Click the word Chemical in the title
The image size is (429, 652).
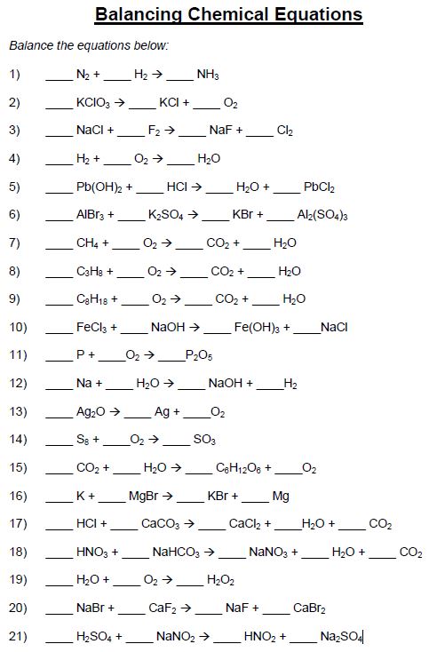[227, 14]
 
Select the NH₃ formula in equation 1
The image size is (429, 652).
[208, 75]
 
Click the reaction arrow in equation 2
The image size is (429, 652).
[120, 102]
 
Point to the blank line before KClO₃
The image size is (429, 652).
[59, 108]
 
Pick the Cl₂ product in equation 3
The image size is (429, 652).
[285, 131]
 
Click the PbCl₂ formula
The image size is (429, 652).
[319, 187]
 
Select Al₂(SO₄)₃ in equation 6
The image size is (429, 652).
[322, 215]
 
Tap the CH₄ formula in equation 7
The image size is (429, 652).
[87, 243]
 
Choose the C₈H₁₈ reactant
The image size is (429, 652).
[91, 299]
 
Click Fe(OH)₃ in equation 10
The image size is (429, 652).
[257, 328]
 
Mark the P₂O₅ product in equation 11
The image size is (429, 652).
[199, 355]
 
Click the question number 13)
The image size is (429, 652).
[18, 411]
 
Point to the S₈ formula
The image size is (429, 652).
[83, 440]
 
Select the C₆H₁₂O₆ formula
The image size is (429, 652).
[238, 468]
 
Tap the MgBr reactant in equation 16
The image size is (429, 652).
[143, 496]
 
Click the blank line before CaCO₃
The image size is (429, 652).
[123, 529]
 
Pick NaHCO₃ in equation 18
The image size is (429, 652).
[176, 553]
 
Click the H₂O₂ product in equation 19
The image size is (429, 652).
[220, 580]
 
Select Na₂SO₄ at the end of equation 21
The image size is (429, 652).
[341, 637]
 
